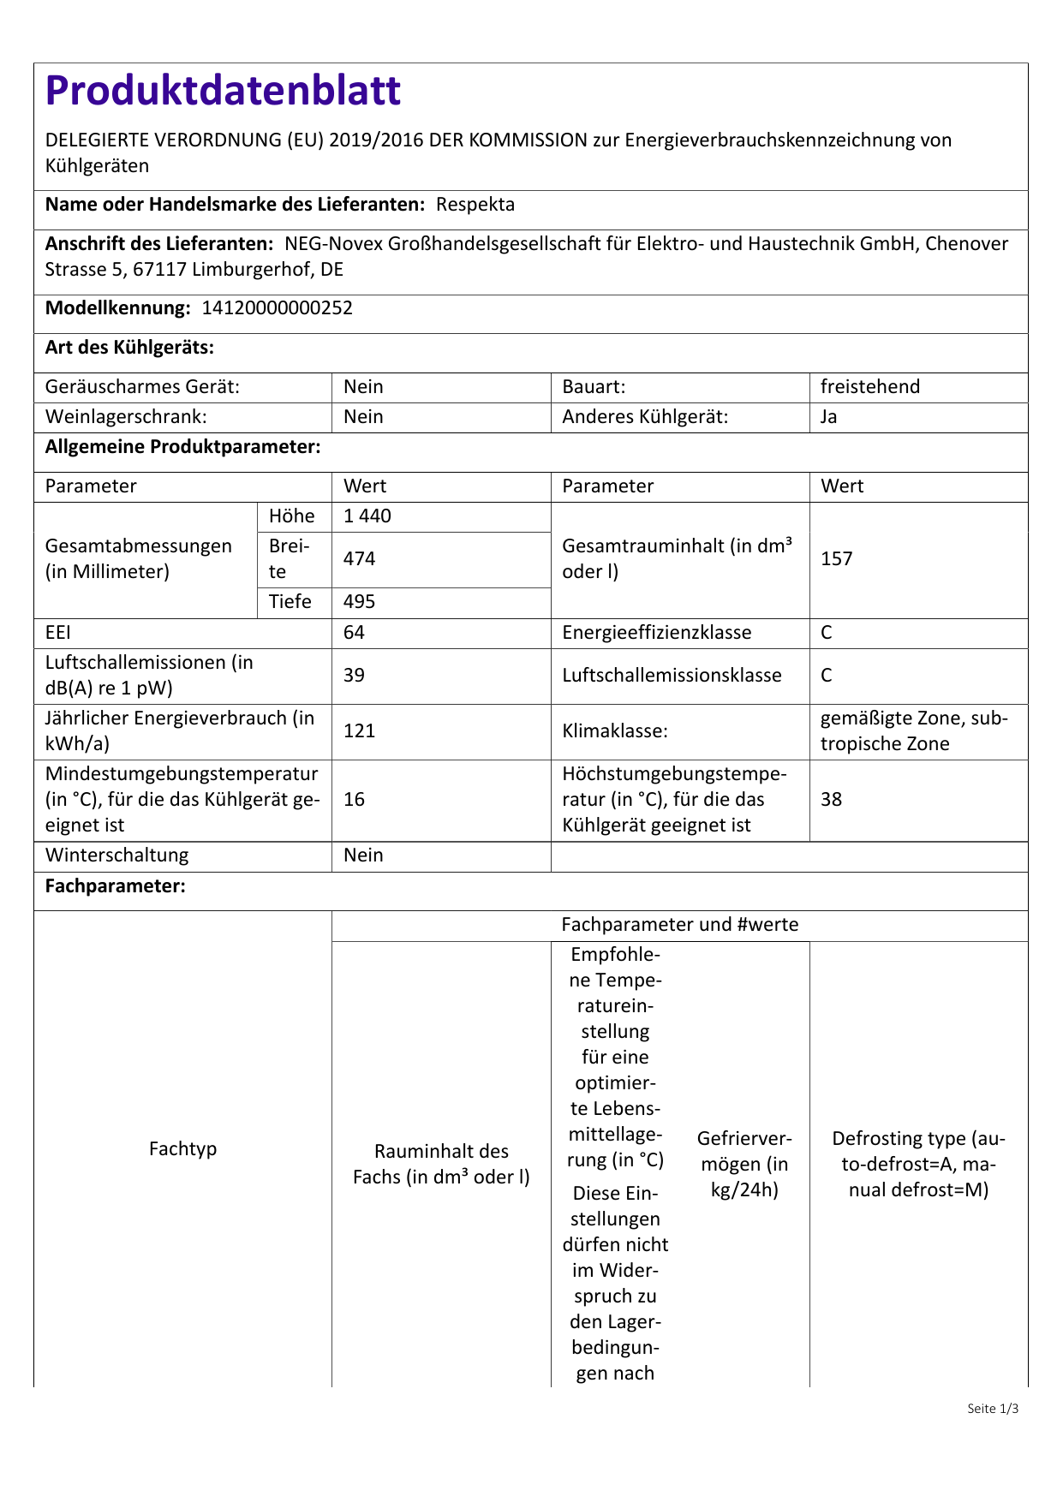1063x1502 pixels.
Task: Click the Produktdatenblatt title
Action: click(x=223, y=91)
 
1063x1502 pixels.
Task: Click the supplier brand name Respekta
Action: click(x=475, y=205)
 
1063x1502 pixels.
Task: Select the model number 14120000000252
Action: click(x=277, y=308)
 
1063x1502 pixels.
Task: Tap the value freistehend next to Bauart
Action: click(x=869, y=387)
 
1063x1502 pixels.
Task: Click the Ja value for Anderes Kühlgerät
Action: click(x=829, y=417)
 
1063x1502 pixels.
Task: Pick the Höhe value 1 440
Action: click(x=367, y=516)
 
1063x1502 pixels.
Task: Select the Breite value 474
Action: click(x=360, y=559)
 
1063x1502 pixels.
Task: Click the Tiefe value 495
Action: click(x=360, y=602)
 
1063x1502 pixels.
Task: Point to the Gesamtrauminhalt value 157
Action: click(x=837, y=559)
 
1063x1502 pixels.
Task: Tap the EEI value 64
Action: click(x=354, y=633)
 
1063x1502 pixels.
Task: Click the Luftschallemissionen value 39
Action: click(x=354, y=676)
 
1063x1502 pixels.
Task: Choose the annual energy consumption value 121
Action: click(x=360, y=731)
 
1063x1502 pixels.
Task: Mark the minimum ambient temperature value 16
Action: click(x=354, y=800)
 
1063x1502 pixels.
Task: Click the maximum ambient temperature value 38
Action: click(x=831, y=800)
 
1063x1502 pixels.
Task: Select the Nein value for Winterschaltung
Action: click(x=363, y=855)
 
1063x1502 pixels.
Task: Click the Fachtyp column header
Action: click(x=182, y=1149)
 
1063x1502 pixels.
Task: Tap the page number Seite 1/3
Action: click(x=993, y=1409)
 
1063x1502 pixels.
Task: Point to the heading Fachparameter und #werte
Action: click(x=679, y=925)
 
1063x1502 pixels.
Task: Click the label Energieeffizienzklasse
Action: click(x=656, y=633)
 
